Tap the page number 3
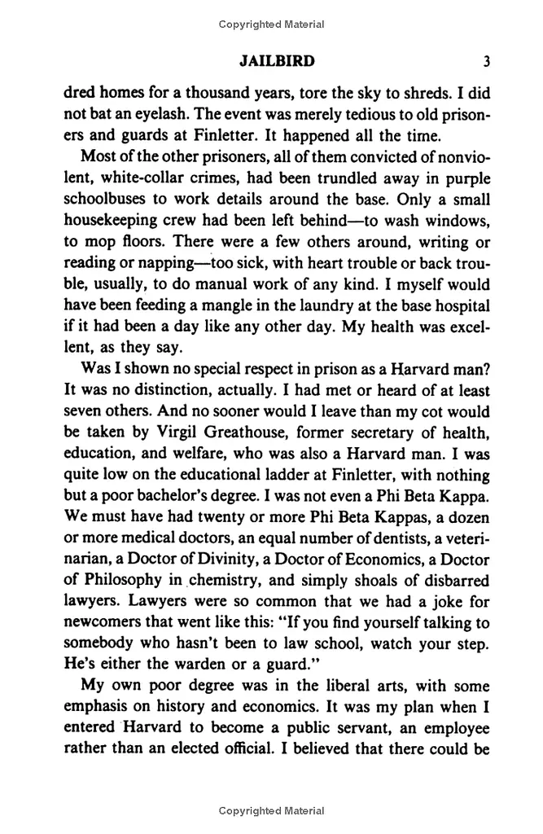pyautogui.click(x=485, y=61)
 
